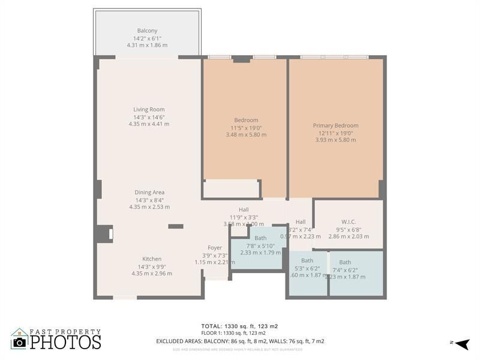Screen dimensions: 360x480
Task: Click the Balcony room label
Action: (x=147, y=31)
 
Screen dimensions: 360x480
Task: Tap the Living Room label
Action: (x=149, y=109)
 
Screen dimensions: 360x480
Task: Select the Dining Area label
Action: (x=149, y=193)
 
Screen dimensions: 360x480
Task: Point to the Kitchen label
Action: (x=152, y=259)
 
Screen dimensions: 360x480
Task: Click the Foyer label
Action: (x=215, y=248)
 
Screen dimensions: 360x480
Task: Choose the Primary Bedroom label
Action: (x=335, y=125)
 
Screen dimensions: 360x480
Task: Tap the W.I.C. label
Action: (x=349, y=222)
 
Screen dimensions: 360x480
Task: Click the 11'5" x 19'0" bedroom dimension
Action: (x=246, y=127)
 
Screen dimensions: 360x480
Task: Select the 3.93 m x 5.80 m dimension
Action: (x=335, y=140)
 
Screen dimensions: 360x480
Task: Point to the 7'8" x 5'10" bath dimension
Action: (x=260, y=245)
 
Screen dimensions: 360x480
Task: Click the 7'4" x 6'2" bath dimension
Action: (x=345, y=269)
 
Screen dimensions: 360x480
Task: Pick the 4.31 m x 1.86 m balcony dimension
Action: (x=147, y=45)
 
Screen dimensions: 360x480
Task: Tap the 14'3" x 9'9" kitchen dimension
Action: (x=152, y=266)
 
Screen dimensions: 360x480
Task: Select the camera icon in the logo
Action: (x=20, y=342)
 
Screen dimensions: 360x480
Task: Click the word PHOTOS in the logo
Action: (x=65, y=342)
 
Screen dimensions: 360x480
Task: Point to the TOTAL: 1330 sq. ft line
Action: (x=239, y=326)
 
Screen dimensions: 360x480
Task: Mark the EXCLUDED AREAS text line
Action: (x=239, y=341)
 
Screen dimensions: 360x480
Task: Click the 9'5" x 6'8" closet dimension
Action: (x=349, y=229)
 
